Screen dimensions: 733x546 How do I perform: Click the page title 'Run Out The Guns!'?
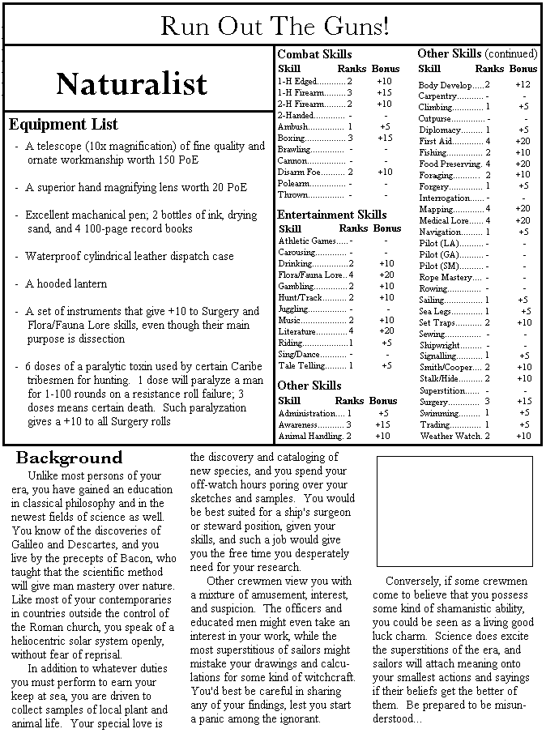pos(275,26)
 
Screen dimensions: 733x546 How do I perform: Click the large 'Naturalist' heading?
pos(131,83)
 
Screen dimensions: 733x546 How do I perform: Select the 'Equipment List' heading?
pos(63,125)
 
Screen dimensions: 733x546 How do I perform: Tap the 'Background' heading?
pos(69,458)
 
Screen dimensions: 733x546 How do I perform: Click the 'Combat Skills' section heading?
pos(314,54)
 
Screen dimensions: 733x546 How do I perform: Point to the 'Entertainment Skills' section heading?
pos(332,215)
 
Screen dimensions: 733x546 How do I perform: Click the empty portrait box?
pos(454,511)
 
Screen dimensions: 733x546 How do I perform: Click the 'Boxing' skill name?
pos(292,138)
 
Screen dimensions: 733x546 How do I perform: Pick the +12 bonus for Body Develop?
pos(523,84)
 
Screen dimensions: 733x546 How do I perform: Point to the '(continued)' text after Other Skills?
pos(511,53)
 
